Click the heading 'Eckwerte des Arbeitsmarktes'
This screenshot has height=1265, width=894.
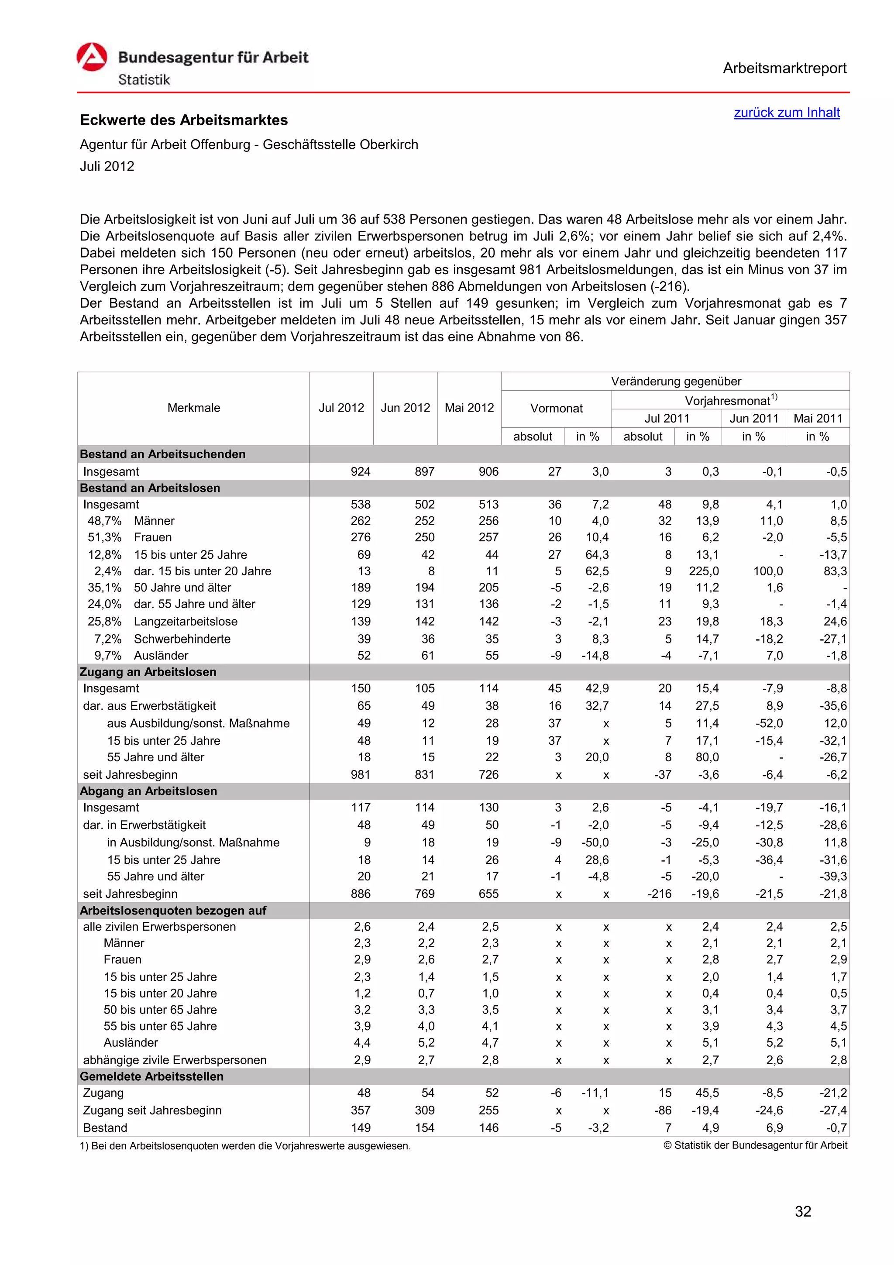(184, 120)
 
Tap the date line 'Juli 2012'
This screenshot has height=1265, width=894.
(107, 166)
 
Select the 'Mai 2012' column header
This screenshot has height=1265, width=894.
(469, 408)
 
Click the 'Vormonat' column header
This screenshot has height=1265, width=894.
(556, 408)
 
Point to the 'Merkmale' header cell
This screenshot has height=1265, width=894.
(193, 408)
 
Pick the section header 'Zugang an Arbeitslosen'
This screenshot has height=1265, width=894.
(148, 672)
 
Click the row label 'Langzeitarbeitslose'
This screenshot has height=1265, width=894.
(186, 622)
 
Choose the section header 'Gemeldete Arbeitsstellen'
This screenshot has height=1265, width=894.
(151, 1076)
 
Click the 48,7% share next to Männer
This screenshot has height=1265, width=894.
(104, 521)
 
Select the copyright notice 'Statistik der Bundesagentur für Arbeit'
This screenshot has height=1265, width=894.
(755, 1145)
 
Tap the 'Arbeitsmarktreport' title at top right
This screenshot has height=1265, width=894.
(784, 69)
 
